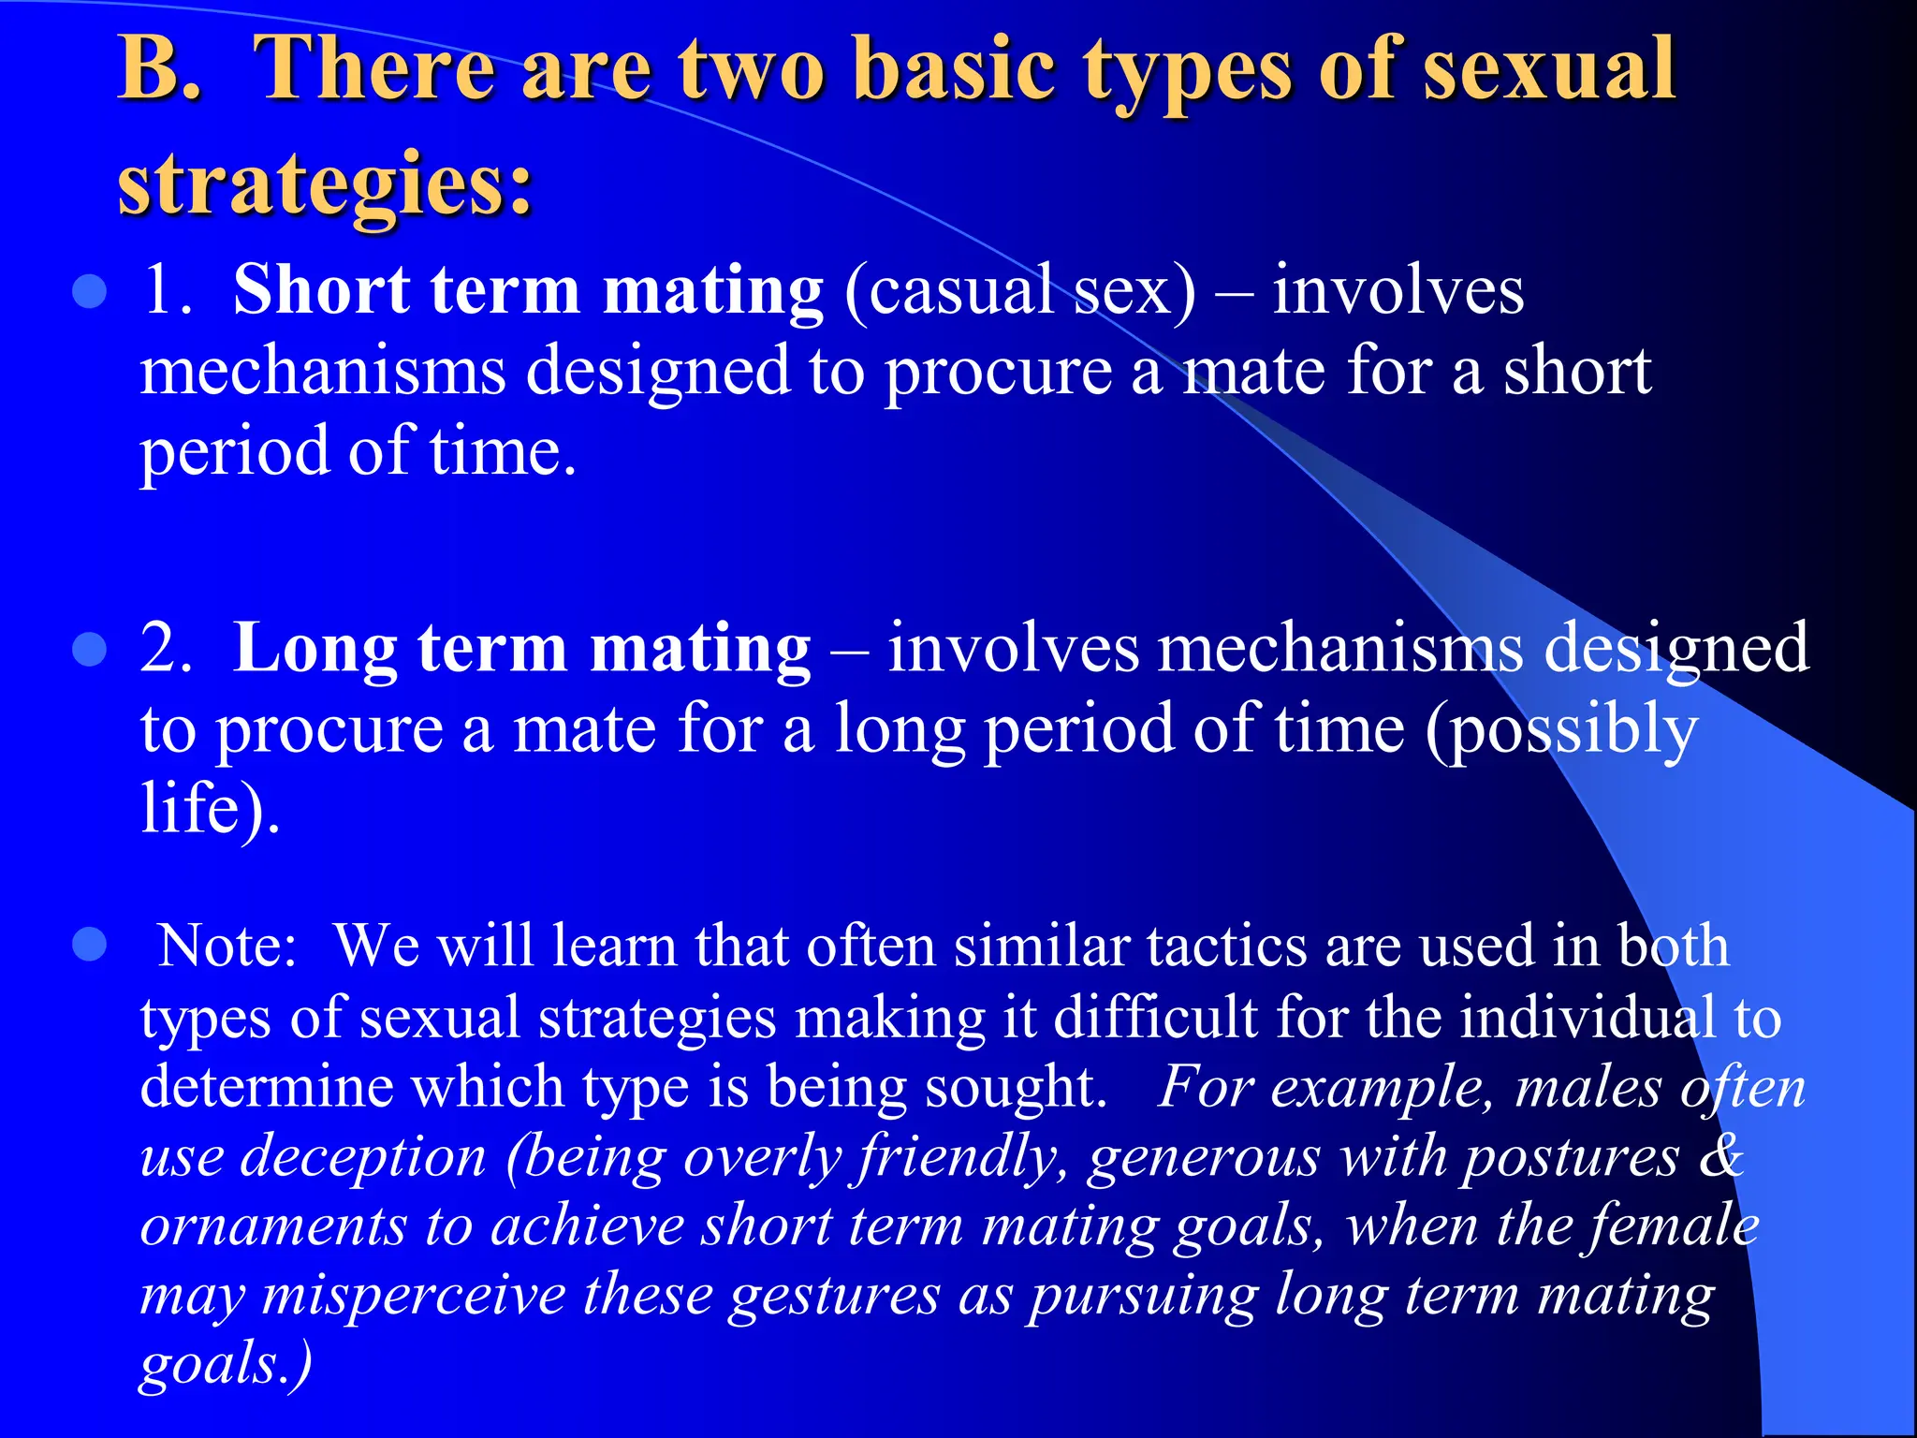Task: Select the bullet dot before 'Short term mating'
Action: [89, 291]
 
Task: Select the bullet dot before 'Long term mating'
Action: [89, 649]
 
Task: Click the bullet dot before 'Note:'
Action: [89, 946]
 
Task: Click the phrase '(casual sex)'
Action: [1019, 291]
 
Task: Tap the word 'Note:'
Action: [227, 946]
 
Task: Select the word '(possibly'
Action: [1560, 730]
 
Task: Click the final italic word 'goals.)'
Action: [225, 1365]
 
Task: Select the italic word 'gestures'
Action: [834, 1298]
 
